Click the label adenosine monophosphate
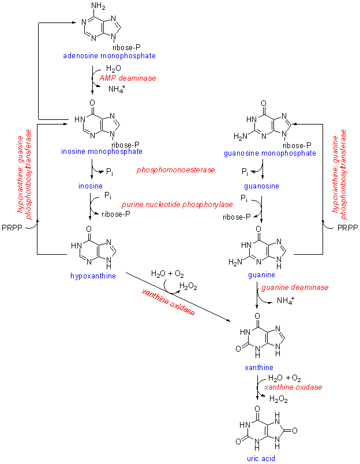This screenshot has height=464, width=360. [110, 56]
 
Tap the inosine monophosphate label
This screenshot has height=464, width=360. [102, 152]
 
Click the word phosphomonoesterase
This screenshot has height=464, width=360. [176, 171]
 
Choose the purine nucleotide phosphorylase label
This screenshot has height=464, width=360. [177, 205]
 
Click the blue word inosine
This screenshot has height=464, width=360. [91, 186]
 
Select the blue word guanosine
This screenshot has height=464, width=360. [262, 186]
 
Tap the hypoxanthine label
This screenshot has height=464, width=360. [93, 276]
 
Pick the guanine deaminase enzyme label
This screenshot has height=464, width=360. [295, 287]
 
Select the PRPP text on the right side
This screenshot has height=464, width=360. [347, 228]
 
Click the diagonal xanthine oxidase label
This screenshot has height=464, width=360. [168, 302]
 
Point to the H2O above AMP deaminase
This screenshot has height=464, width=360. [113, 68]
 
